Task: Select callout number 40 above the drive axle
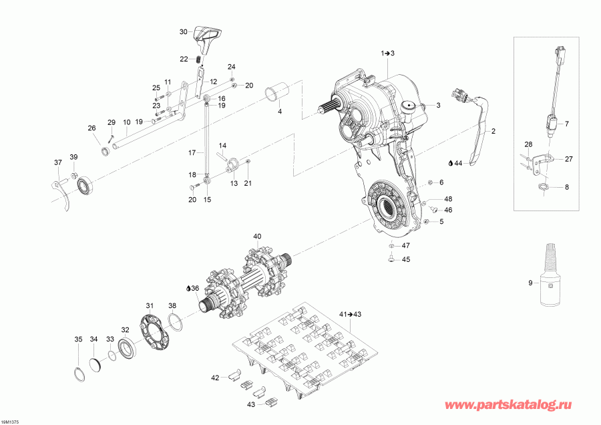(257, 237)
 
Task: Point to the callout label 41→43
(350, 314)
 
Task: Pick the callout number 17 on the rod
(191, 152)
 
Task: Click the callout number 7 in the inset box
(566, 124)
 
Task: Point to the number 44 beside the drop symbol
(458, 162)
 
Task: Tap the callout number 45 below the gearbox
(405, 260)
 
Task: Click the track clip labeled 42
(235, 376)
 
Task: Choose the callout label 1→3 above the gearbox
(388, 52)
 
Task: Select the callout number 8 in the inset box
(566, 188)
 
